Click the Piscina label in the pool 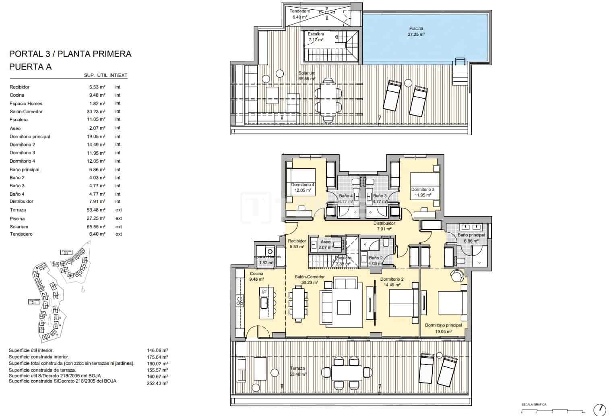point(416,29)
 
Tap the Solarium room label point(307,73)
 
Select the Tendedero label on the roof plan point(300,11)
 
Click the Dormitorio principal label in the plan point(443,325)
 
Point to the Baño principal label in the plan point(471,235)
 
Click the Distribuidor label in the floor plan point(384,223)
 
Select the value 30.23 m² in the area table point(97,112)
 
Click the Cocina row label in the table point(17,95)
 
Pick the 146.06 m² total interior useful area point(157,351)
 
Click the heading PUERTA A point(31,67)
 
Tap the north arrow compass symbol point(600,409)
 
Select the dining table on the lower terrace point(347,371)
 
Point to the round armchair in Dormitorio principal point(457,276)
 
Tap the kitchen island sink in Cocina point(264,303)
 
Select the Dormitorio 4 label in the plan point(303,184)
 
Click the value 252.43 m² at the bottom point(157,383)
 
